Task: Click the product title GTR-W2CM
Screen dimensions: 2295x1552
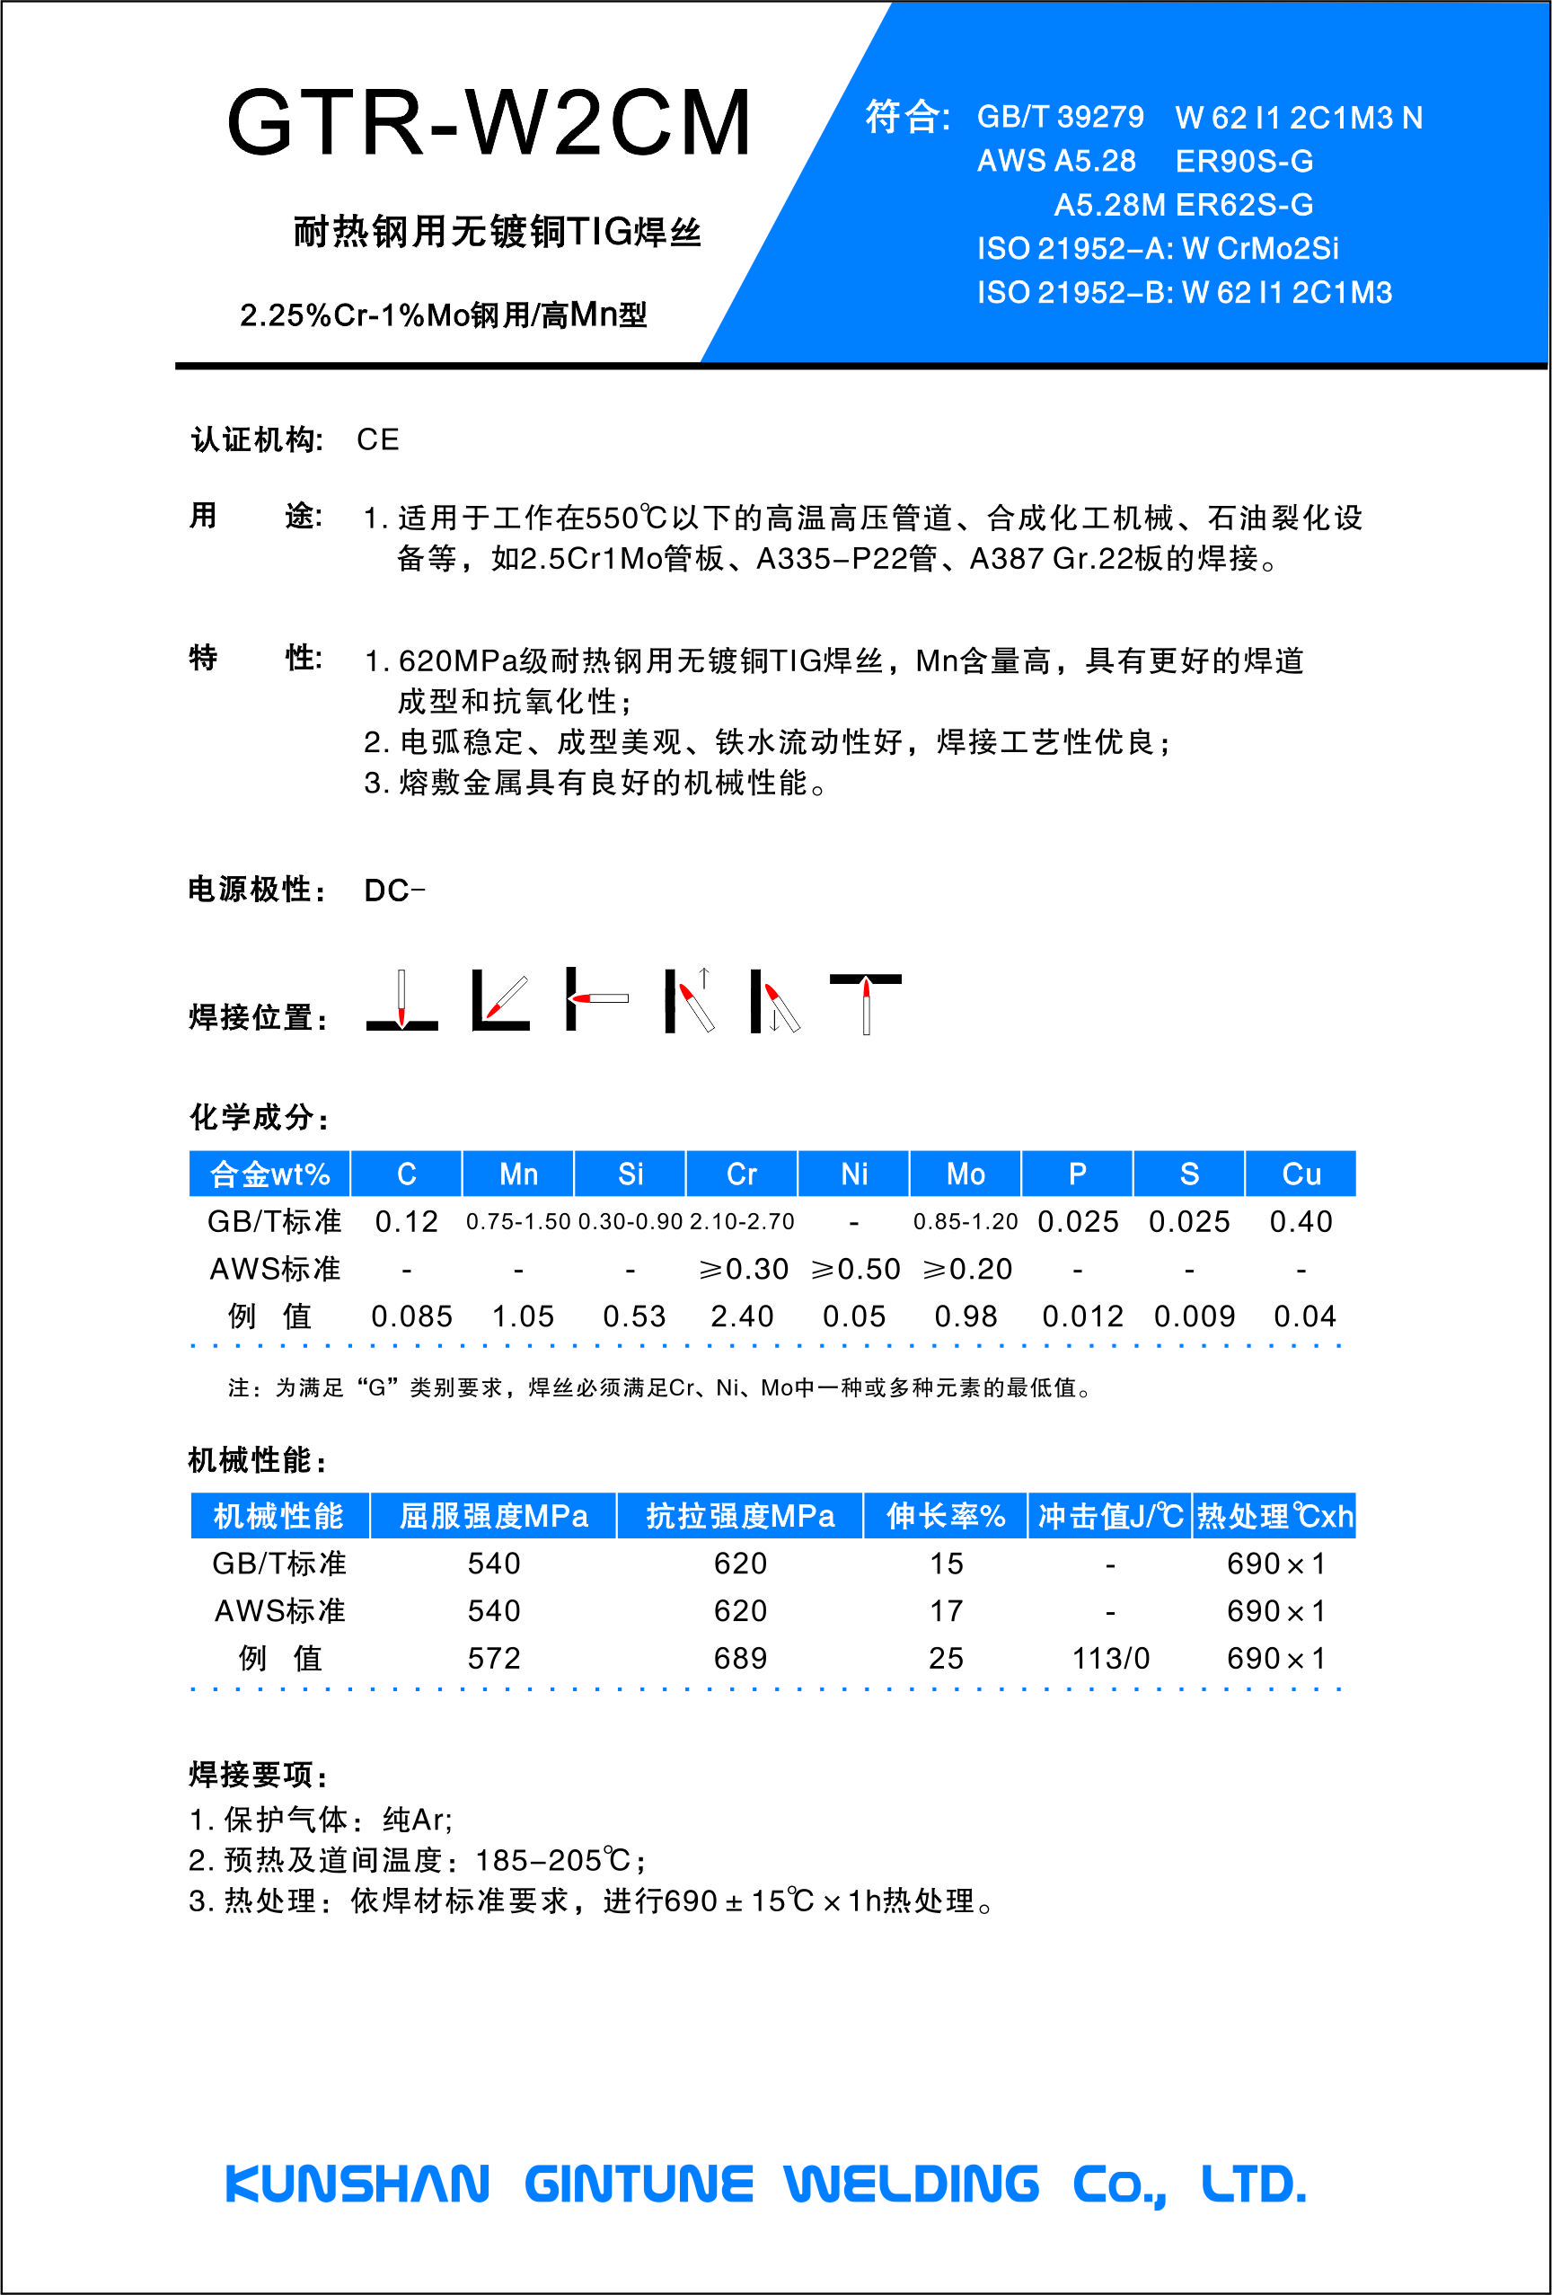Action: coord(489,122)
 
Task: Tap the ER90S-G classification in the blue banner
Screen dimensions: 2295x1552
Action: coord(1244,161)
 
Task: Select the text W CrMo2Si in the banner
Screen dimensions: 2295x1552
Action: coord(1261,248)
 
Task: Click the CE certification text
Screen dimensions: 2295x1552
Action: coord(378,439)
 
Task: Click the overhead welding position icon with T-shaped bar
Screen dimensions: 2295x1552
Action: coord(865,1001)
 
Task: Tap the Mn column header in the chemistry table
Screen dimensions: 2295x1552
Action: coord(518,1174)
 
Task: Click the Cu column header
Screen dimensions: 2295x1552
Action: coord(1301,1174)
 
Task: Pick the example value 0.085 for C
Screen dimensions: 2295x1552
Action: coord(411,1316)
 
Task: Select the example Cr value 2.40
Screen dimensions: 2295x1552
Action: coord(743,1316)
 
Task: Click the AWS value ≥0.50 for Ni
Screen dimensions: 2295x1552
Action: coord(855,1269)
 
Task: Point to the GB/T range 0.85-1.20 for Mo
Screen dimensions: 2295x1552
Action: coord(966,1221)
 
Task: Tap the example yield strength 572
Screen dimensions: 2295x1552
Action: coord(494,1658)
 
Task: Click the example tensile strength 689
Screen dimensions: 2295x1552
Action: coord(740,1658)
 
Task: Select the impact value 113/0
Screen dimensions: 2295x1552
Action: coord(1111,1658)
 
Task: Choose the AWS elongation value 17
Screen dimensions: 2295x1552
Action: coord(946,1610)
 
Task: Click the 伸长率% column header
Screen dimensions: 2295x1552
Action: coord(946,1516)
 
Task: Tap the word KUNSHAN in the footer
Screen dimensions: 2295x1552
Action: coord(357,2184)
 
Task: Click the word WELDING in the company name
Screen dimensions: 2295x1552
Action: coord(912,2184)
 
